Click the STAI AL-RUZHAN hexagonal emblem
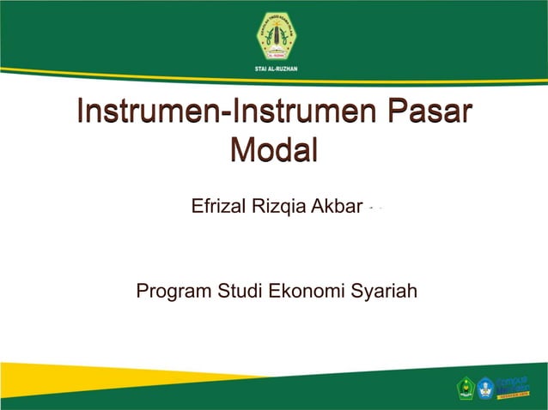pyautogui.click(x=275, y=36)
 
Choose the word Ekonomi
pyautogui.click(x=308, y=292)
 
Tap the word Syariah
pyautogui.click(x=385, y=292)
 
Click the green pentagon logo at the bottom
pyautogui.click(x=466, y=389)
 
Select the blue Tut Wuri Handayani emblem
pyautogui.click(x=487, y=389)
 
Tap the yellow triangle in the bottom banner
pyautogui.click(x=103, y=382)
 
